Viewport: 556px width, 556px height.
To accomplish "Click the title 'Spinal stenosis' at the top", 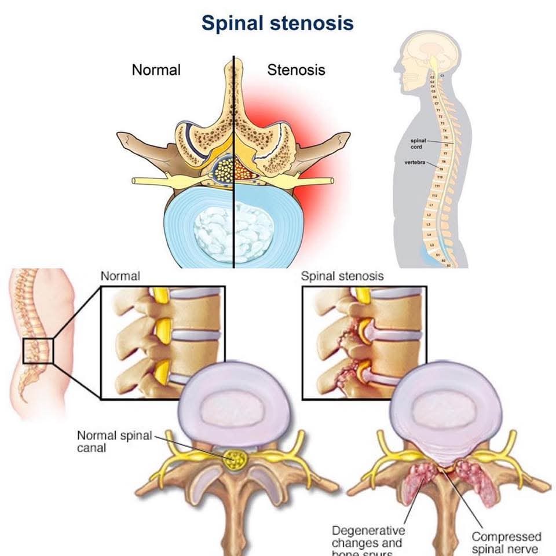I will coord(277,23).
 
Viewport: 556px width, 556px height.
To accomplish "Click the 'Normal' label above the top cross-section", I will coord(156,70).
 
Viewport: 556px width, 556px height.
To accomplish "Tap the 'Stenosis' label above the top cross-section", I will coord(296,70).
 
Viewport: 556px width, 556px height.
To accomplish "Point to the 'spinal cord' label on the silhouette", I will coord(419,143).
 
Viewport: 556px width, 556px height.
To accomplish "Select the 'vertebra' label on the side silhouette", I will coord(416,163).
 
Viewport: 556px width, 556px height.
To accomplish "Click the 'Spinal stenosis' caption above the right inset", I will coord(342,276).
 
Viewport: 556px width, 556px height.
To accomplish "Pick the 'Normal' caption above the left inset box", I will coord(120,276).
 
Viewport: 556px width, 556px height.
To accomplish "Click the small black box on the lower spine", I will coord(38,352).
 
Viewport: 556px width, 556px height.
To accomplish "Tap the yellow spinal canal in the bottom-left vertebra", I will coord(236,460).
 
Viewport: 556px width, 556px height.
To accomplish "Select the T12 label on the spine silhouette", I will coord(434,196).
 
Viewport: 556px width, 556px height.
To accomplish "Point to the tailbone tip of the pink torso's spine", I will coord(24,400).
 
